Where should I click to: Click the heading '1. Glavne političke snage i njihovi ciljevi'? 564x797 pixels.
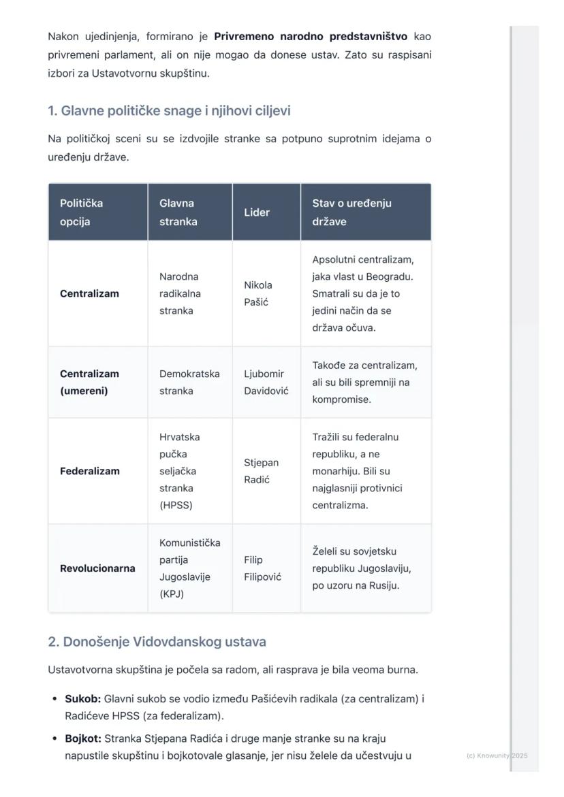tap(169, 110)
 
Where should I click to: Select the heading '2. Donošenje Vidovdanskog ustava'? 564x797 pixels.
tap(157, 642)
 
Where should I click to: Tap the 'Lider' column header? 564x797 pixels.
tap(257, 212)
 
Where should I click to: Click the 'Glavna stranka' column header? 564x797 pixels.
tap(178, 212)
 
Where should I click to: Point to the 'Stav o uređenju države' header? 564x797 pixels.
tap(351, 212)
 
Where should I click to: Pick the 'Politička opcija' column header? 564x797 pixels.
tap(82, 212)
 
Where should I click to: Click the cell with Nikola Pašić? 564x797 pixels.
tap(258, 293)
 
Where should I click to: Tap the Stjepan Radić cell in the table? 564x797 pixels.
tap(261, 471)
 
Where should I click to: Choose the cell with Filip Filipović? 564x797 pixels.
tap(262, 568)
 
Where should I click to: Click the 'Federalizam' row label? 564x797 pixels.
tap(89, 471)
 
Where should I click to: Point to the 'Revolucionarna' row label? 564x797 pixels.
tap(97, 568)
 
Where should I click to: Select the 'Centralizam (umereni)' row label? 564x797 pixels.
tap(89, 383)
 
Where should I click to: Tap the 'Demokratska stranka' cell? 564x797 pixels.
tap(189, 383)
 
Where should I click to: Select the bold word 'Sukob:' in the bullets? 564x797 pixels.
tap(82, 699)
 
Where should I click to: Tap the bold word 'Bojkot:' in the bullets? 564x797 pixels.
tap(83, 738)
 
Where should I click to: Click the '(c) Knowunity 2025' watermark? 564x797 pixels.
tap(497, 755)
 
